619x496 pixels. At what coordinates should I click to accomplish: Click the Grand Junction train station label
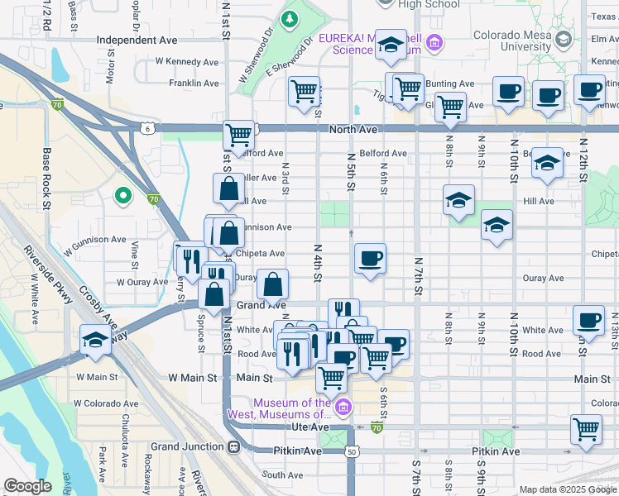[190, 446]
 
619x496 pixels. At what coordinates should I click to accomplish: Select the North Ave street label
[353, 130]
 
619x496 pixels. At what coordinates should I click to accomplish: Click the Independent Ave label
[137, 40]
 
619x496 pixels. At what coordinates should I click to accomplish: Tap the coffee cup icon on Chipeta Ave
[370, 258]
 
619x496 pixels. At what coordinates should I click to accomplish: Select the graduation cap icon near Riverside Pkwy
[95, 340]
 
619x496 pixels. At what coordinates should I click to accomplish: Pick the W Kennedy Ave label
[187, 62]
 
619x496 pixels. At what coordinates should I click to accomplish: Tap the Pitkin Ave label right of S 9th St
[496, 451]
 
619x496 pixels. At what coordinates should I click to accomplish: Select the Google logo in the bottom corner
[27, 486]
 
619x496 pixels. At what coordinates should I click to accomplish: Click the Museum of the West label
[293, 408]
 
